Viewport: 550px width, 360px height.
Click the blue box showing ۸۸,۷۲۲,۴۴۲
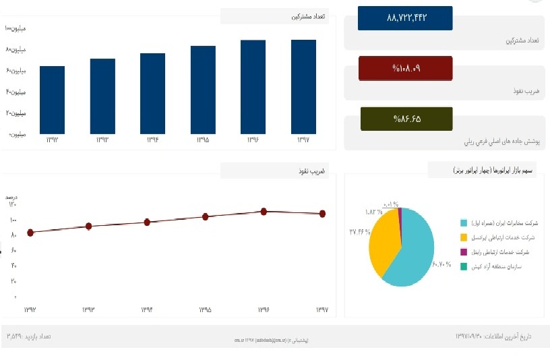pos(405,18)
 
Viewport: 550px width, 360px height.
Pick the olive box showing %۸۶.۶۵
pos(406,119)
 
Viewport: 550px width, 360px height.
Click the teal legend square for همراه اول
pos(464,222)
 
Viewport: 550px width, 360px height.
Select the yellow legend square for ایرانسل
pos(464,237)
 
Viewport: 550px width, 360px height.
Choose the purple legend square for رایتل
pos(464,252)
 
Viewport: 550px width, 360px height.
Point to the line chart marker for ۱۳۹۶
pos(264,211)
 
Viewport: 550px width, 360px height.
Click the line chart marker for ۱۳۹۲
pos(30,233)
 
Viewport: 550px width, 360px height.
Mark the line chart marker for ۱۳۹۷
pos(322,214)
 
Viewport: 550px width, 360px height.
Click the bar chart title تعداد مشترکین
pos(310,16)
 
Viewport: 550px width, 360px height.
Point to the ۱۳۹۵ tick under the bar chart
pos(203,140)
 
